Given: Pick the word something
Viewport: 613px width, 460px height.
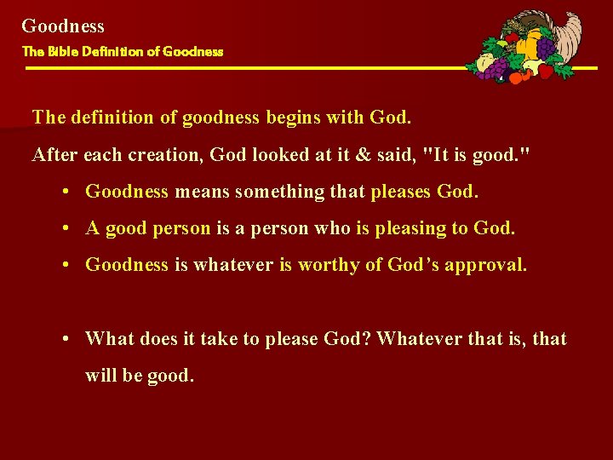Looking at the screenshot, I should pyautogui.click(x=274, y=192).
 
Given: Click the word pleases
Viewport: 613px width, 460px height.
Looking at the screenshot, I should pyautogui.click(x=401, y=192).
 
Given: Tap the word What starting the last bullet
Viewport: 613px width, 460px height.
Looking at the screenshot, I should pyautogui.click(x=109, y=339).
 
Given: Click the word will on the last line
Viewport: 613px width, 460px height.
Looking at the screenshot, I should pyautogui.click(x=102, y=376).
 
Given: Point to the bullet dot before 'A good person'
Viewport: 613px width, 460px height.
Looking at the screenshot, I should pyautogui.click(x=66, y=229).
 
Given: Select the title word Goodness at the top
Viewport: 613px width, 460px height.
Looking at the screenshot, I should pyautogui.click(x=63, y=26).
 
